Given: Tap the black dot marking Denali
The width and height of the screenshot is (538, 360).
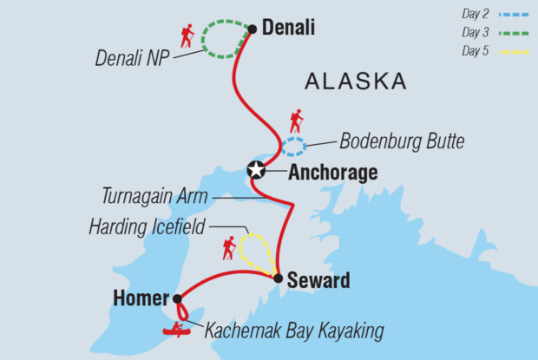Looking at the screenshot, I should coord(252,29).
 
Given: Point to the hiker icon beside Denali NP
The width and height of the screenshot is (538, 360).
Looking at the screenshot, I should coord(187,36).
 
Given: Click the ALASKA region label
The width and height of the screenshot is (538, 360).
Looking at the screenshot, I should coord(355,82).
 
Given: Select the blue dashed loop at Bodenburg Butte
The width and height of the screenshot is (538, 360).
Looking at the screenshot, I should coord(294,147).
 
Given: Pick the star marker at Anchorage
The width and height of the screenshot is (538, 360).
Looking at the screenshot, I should coord(256,170).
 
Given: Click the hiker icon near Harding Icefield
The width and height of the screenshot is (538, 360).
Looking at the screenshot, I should coord(229,248).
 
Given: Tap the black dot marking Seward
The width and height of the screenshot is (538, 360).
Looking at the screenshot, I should coord(278,279).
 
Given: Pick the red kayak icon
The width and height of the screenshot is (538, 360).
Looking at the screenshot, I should coord(180,329).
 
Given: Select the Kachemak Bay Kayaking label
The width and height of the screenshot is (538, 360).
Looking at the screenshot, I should coord(293,330).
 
